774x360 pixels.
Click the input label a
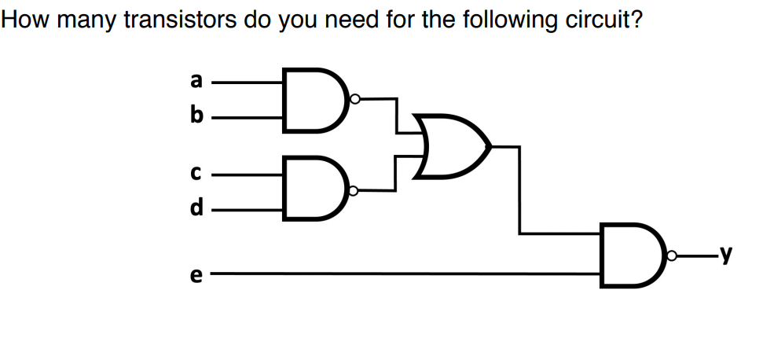click(196, 80)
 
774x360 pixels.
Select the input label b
click(196, 117)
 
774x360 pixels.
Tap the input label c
click(196, 171)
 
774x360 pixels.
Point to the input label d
click(196, 208)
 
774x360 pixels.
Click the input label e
click(196, 274)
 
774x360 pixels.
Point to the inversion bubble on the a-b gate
click(355, 99)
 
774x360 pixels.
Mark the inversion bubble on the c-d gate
click(355, 190)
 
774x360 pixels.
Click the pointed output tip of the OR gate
click(491, 146)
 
